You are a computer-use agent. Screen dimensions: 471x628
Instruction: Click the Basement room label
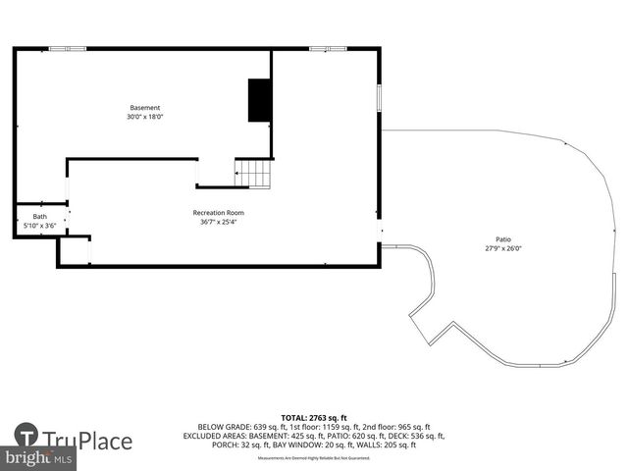pos(145,108)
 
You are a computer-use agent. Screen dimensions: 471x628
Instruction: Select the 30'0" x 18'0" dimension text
pos(145,117)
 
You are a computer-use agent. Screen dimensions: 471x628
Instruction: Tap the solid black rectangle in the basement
pos(260,100)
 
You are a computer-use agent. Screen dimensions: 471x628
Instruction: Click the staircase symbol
pos(253,174)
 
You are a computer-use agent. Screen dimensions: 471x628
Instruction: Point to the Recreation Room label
pos(218,213)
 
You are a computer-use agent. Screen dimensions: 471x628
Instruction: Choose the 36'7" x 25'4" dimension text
pos(218,222)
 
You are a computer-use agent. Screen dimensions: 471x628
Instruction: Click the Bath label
pos(40,217)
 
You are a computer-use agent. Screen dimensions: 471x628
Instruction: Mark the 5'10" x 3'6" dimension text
pos(40,226)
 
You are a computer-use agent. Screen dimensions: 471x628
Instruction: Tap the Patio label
pos(502,239)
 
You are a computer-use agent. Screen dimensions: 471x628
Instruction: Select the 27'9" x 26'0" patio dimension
pos(502,248)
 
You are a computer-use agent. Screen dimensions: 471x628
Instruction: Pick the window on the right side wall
pos(380,99)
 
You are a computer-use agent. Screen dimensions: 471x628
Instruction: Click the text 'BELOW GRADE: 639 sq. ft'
pos(235,428)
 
